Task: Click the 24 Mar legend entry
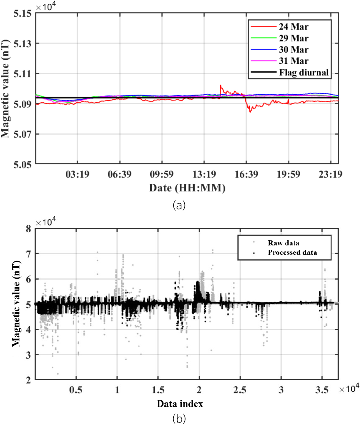point(293,27)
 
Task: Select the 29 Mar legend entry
point(293,38)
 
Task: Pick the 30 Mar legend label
point(293,49)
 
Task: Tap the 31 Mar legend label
point(293,61)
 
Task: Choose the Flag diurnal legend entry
point(304,72)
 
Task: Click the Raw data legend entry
point(283,243)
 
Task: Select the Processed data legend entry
point(292,252)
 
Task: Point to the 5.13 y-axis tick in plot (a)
point(22,44)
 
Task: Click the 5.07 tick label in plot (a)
point(22,134)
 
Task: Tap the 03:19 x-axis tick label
point(77,174)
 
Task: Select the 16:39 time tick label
point(246,174)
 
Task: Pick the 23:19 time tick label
point(331,174)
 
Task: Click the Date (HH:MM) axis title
point(187,188)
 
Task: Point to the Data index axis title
point(180,404)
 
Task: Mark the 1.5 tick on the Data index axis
point(158,390)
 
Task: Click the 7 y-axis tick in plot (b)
point(28,254)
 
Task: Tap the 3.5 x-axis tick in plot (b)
point(322,390)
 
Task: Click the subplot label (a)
point(179,205)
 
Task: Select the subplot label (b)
point(179,419)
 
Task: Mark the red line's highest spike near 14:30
point(221,85)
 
